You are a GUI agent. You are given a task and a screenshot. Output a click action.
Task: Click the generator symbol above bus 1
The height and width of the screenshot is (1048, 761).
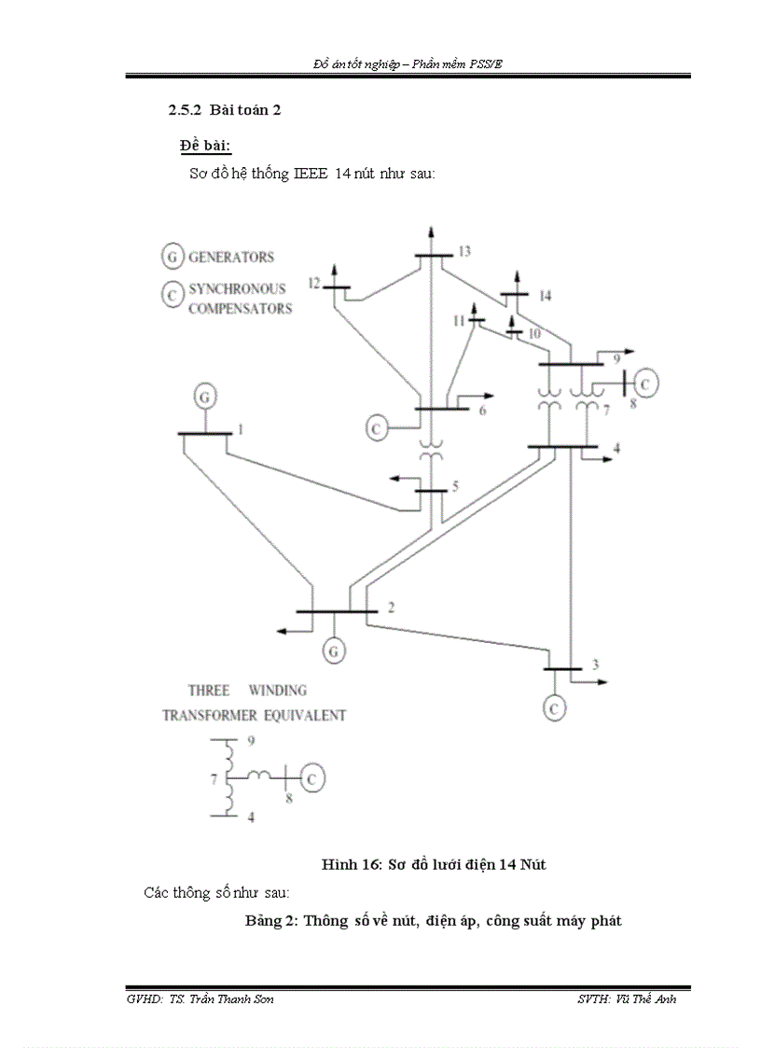[x=204, y=397]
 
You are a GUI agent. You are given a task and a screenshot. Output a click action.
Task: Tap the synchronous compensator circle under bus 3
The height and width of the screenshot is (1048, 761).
[x=554, y=707]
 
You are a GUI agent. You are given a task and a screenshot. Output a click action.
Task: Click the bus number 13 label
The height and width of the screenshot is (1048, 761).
[x=464, y=251]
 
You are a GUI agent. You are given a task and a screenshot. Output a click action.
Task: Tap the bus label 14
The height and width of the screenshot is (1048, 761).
[x=545, y=296]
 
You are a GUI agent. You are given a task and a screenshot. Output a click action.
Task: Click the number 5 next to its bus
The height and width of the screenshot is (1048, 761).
[x=456, y=485]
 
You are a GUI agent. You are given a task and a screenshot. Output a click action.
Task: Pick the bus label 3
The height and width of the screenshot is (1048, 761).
[x=594, y=664]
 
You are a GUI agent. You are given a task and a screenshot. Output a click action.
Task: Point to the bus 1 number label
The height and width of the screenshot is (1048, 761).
[x=240, y=429]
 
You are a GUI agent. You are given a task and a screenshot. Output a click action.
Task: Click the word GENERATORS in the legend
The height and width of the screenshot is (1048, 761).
[x=231, y=257]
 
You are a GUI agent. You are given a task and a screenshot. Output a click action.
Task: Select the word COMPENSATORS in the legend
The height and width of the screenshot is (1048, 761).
[x=240, y=308]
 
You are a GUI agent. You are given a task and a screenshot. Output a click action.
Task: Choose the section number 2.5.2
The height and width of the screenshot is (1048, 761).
[x=185, y=110]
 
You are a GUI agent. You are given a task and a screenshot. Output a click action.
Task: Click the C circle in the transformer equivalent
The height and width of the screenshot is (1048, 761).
[x=314, y=776]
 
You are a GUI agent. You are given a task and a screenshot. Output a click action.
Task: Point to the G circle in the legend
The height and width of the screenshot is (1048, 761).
[x=172, y=256]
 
